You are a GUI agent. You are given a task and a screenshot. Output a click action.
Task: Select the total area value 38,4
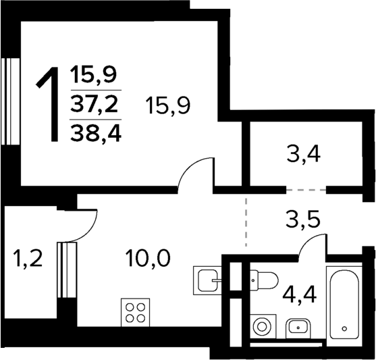click(95, 133)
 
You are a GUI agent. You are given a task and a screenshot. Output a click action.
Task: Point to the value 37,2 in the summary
click(95, 105)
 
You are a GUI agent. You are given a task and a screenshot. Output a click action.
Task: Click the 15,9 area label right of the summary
click(167, 105)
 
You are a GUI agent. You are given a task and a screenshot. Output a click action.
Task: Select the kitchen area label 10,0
click(148, 257)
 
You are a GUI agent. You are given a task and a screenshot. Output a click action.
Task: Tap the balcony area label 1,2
click(28, 257)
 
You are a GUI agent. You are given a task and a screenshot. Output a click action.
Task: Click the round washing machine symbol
click(261, 327)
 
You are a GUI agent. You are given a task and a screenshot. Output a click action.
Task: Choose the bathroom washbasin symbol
click(297, 328)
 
